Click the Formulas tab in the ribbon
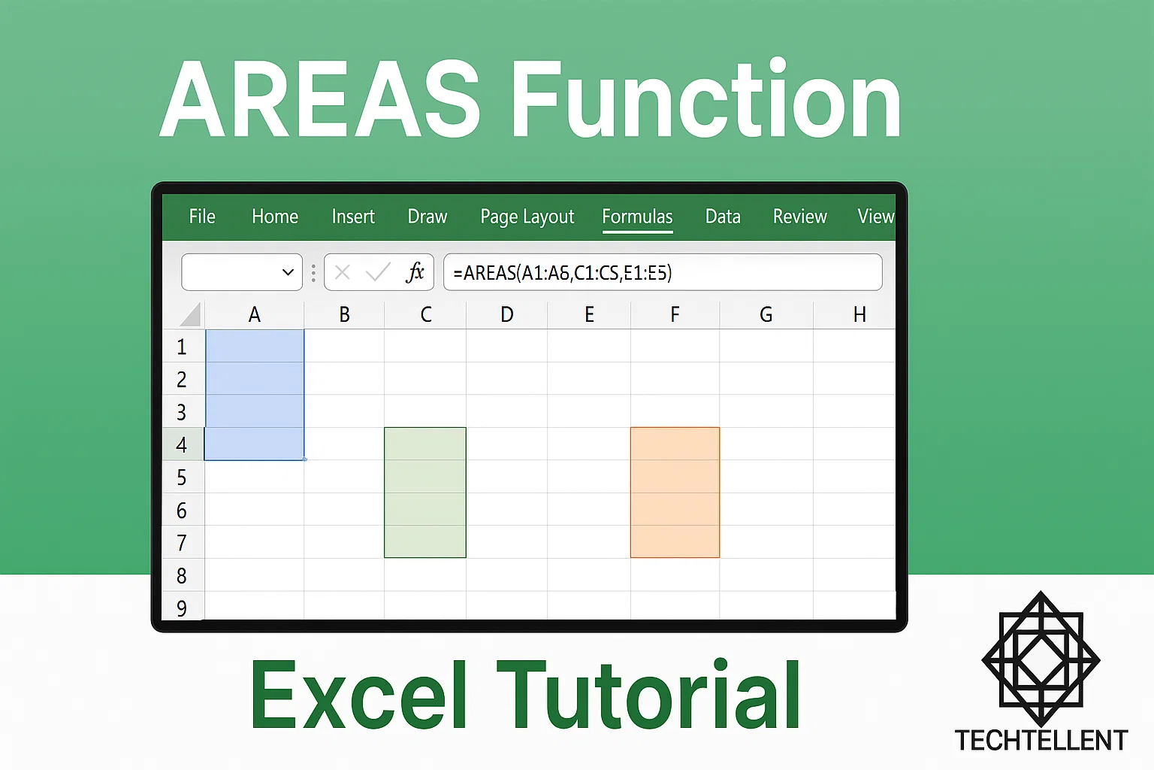[637, 217]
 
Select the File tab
[202, 217]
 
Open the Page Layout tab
[527, 217]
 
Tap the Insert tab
[353, 217]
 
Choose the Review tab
[799, 217]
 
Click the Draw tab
[427, 217]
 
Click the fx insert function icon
[415, 272]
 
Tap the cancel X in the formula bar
[343, 272]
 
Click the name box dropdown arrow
[288, 272]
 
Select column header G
[766, 314]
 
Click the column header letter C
[425, 314]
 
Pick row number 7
[182, 543]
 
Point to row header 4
[182, 444]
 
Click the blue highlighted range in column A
[255, 395]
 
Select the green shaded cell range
[425, 493]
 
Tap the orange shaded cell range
[675, 493]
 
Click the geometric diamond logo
[1041, 659]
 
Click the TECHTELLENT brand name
[1041, 740]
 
